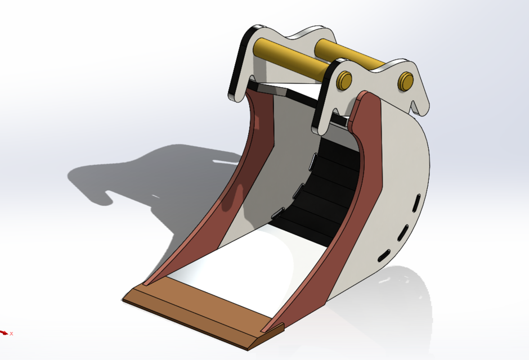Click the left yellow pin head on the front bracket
(x=344, y=80)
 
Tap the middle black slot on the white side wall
(x=404, y=231)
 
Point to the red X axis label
(x=11, y=334)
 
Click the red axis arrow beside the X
(x=3, y=332)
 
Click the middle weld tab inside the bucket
(x=298, y=191)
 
